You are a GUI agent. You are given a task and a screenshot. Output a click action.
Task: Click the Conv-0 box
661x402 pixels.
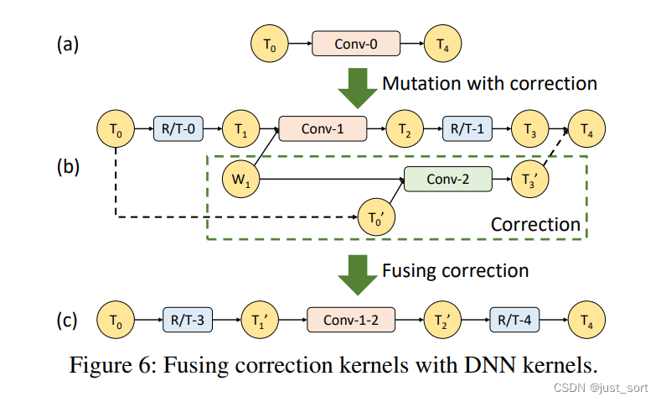click(x=356, y=43)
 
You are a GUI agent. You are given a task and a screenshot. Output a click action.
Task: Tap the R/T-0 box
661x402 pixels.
click(x=178, y=129)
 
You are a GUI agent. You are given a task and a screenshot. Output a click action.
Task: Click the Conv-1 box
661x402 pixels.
click(x=323, y=129)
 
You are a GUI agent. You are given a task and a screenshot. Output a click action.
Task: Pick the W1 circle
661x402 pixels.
click(x=240, y=178)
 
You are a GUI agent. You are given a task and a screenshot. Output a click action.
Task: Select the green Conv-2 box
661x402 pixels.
click(x=447, y=179)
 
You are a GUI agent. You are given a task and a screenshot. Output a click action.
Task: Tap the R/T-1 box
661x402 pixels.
click(x=467, y=129)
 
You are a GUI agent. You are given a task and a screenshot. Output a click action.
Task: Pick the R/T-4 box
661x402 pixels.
click(x=514, y=321)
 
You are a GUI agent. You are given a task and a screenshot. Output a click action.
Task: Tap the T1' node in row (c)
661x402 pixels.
click(x=260, y=321)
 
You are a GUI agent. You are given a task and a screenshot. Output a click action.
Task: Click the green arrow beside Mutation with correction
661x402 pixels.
click(x=358, y=86)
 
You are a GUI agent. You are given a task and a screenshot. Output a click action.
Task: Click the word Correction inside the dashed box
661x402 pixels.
click(x=534, y=224)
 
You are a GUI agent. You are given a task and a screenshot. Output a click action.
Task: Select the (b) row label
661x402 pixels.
click(x=68, y=165)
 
